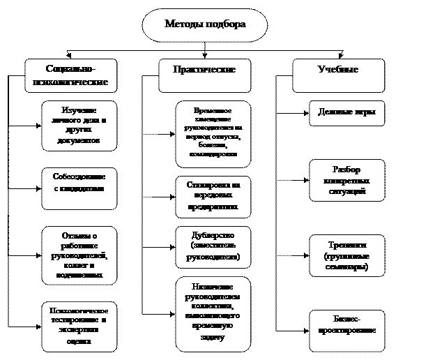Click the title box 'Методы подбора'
[205, 25]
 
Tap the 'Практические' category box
[204, 76]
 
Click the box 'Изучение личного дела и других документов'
[79, 126]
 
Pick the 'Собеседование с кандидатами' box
[79, 188]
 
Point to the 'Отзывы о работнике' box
[79, 255]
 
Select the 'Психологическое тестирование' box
[79, 326]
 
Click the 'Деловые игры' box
[346, 112]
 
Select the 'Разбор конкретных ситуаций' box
[346, 181]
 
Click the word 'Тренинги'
[346, 245]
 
